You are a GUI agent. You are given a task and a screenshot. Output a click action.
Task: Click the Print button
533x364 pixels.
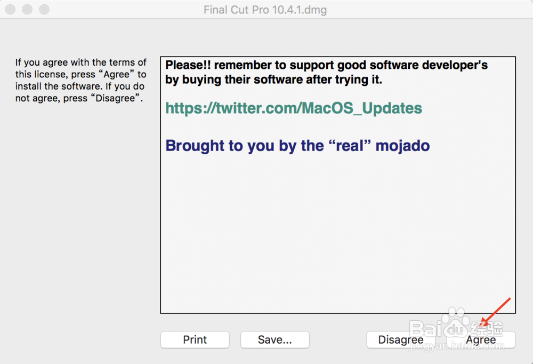pos(195,339)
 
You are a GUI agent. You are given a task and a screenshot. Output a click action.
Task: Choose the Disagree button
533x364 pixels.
pos(401,339)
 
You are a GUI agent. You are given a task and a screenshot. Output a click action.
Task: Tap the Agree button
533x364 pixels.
pos(481,339)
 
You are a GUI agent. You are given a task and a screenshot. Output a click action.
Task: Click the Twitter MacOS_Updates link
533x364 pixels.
pos(294,108)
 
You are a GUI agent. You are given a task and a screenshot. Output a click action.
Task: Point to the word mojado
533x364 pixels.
pos(402,146)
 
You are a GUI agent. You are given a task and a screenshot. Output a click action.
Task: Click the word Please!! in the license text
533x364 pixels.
pos(188,65)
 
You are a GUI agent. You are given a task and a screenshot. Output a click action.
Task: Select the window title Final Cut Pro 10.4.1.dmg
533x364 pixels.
pos(265,10)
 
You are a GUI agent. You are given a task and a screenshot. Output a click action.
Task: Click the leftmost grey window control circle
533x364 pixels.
pos(10,10)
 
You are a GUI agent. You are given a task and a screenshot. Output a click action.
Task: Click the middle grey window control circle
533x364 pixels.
pos(27,10)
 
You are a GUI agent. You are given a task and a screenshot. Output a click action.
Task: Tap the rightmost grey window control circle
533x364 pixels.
pos(44,10)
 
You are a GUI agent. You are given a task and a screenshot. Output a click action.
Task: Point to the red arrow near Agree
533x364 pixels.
pos(496,312)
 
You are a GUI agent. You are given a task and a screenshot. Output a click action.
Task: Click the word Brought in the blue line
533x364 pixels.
pos(195,146)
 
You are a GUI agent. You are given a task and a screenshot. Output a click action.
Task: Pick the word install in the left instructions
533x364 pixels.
pos(29,86)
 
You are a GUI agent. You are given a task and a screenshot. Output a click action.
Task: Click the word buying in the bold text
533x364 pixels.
pos(202,80)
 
